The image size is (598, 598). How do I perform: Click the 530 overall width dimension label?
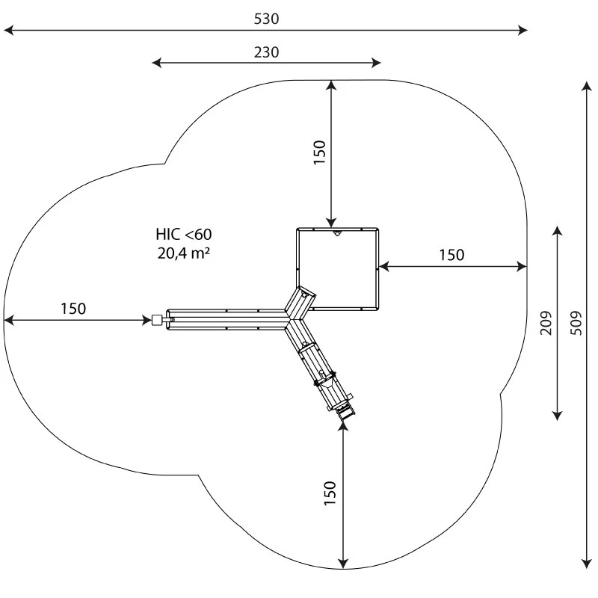pyautogui.click(x=266, y=19)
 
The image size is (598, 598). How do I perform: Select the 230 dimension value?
pyautogui.click(x=266, y=52)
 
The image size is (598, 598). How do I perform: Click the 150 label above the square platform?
pyautogui.click(x=319, y=152)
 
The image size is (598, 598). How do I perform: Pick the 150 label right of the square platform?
pyautogui.click(x=451, y=255)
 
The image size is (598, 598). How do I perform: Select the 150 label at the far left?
pyautogui.click(x=73, y=308)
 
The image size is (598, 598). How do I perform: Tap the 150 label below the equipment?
pyautogui.click(x=330, y=494)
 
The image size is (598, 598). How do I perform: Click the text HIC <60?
pyautogui.click(x=179, y=235)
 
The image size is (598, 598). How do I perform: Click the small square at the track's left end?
pyautogui.click(x=156, y=321)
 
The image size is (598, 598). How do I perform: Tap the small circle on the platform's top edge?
pyautogui.click(x=337, y=234)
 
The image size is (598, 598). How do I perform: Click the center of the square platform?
pyautogui.click(x=338, y=269)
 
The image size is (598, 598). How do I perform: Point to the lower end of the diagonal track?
pyautogui.click(x=345, y=412)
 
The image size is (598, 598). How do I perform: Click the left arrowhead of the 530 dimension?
pyautogui.click(x=7, y=31)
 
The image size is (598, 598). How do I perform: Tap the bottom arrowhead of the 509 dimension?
pyautogui.click(x=586, y=564)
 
